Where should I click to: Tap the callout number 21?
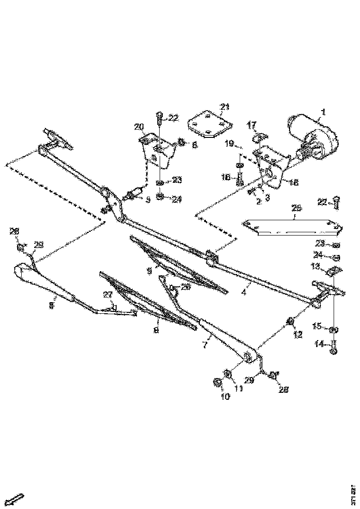click(224, 107)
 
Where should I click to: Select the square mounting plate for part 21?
click(209, 124)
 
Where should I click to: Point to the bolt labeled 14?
click(334, 347)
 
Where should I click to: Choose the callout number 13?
click(315, 266)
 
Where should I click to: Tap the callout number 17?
click(251, 125)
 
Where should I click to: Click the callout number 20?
click(139, 127)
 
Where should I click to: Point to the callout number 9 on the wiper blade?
click(149, 272)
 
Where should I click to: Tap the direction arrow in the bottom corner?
click(16, 500)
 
